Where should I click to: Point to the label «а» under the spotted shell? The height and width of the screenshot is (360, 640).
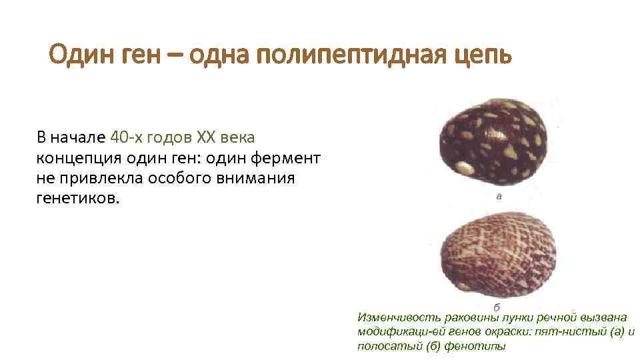pyautogui.click(x=499, y=196)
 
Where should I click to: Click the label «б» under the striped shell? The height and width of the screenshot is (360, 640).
pyautogui.click(x=497, y=307)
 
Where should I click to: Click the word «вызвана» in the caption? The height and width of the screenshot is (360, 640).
pyautogui.click(x=603, y=319)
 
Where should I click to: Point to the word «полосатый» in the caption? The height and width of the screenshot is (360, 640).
pyautogui.click(x=383, y=347)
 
